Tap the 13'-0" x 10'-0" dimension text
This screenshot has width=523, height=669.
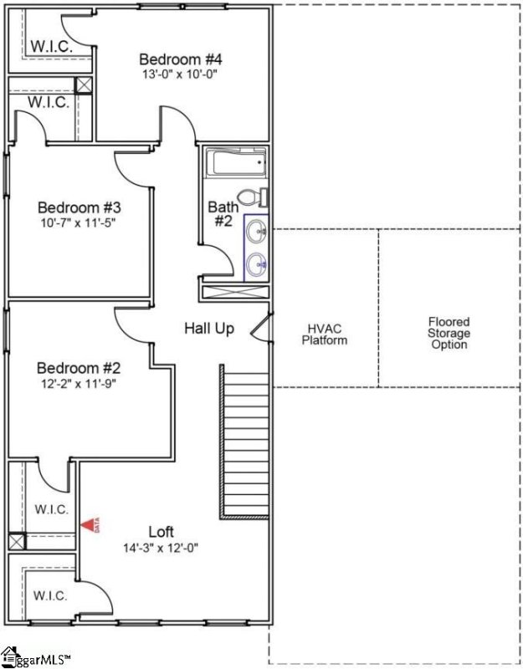tap(180, 74)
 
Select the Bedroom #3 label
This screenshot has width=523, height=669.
tap(79, 207)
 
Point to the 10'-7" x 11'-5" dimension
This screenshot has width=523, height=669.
tap(79, 222)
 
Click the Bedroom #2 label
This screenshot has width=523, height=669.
tap(79, 368)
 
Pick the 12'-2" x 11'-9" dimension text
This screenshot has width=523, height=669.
tap(79, 383)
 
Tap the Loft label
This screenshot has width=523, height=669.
tap(162, 532)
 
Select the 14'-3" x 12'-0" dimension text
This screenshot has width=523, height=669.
tap(162, 548)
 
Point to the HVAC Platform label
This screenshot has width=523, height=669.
tap(325, 334)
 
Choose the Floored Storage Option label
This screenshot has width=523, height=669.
tap(449, 333)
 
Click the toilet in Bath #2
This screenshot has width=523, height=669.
tap(251, 197)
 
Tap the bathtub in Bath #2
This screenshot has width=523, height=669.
tap(235, 162)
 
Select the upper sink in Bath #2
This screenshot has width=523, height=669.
tap(259, 229)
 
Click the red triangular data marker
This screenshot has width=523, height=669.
tap(90, 524)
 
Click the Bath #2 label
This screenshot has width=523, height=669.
tap(223, 214)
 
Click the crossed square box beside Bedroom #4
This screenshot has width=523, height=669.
tap(84, 85)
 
